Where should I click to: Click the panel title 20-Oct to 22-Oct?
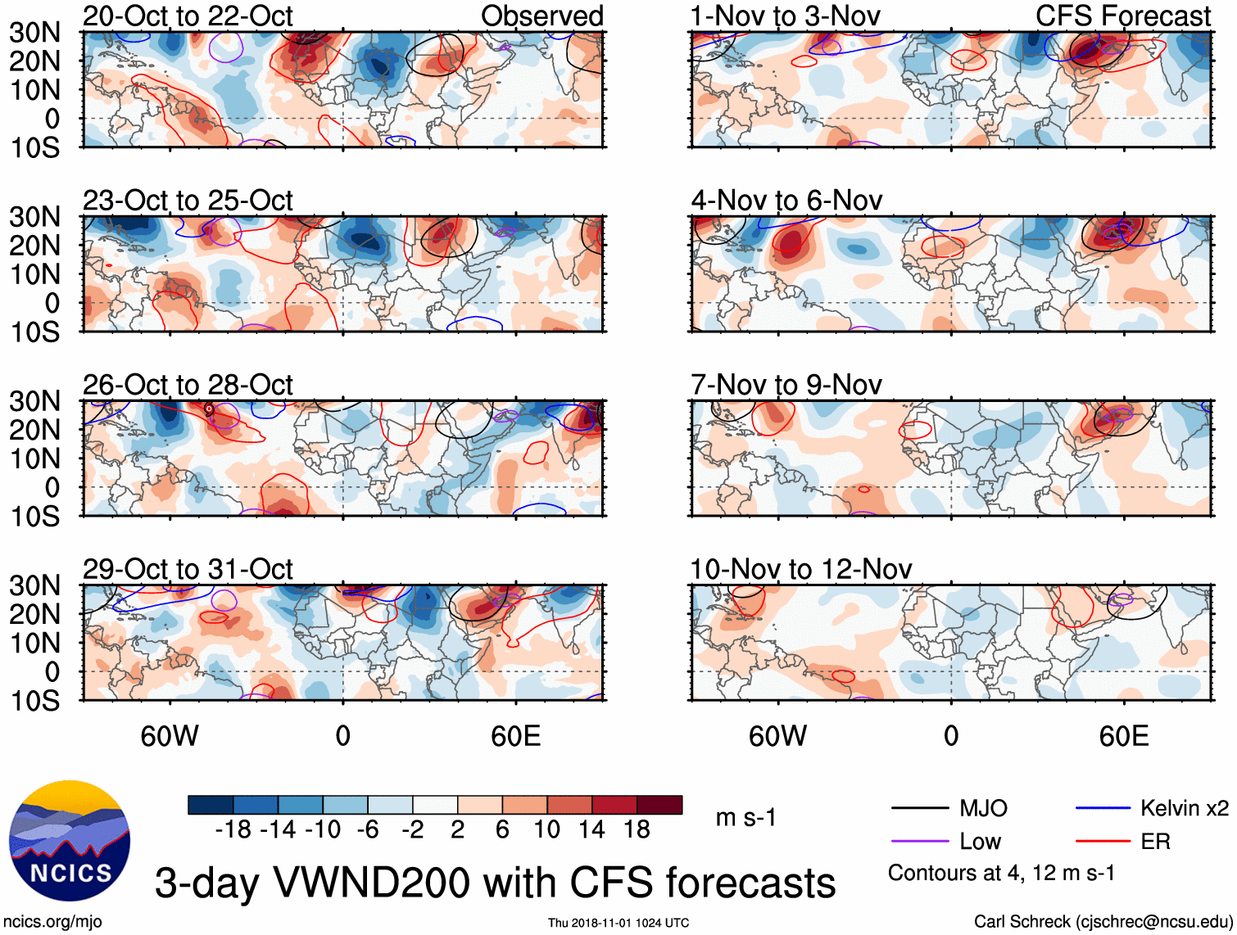pos(188,16)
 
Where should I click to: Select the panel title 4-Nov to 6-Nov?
pos(786,201)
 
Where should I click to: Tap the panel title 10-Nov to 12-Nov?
pos(800,569)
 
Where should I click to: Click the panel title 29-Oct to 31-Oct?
pos(188,569)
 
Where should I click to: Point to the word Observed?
pos(541,16)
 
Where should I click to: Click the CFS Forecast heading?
pos(1122,16)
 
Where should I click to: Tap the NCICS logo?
pos(70,841)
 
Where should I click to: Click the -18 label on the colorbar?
pos(233,830)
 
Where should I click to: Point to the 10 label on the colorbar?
pos(546,830)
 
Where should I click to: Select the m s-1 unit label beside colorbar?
pos(745,818)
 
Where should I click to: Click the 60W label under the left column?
pos(170,736)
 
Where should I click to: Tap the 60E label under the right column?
pos(1123,736)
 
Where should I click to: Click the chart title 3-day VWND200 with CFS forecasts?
pos(495,883)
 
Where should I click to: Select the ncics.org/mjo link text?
pos(52,922)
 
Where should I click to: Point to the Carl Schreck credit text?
pos(1103,922)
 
